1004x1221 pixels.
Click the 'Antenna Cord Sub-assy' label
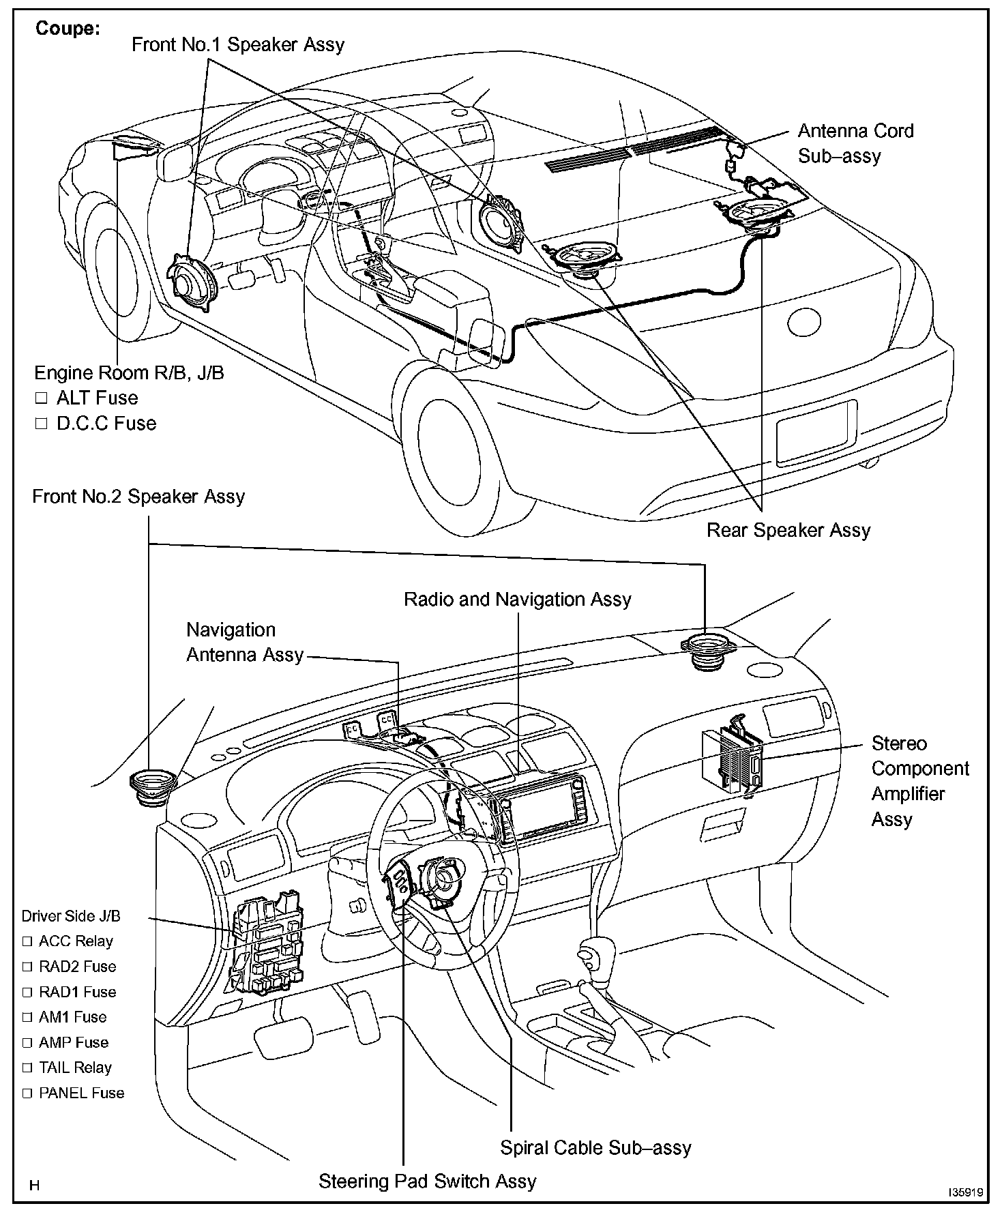pyautogui.click(x=855, y=143)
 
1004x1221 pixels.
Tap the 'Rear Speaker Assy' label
pyautogui.click(x=788, y=530)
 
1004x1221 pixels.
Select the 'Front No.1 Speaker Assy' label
pyautogui.click(x=237, y=45)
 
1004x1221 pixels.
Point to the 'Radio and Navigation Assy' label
pyautogui.click(x=517, y=600)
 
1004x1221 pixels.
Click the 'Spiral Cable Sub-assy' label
pyautogui.click(x=595, y=1147)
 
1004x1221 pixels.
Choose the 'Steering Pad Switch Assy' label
pyautogui.click(x=427, y=1181)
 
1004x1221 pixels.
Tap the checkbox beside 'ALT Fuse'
pyautogui.click(x=42, y=398)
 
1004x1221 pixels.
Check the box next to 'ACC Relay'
pyautogui.click(x=27, y=941)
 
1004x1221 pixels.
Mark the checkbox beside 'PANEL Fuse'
pyautogui.click(x=27, y=1093)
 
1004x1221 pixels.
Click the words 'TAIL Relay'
pyautogui.click(x=75, y=1068)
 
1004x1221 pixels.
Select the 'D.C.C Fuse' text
pyautogui.click(x=106, y=423)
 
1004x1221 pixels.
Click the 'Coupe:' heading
pyautogui.click(x=68, y=29)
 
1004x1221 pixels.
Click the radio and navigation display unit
pyautogui.click(x=542, y=808)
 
